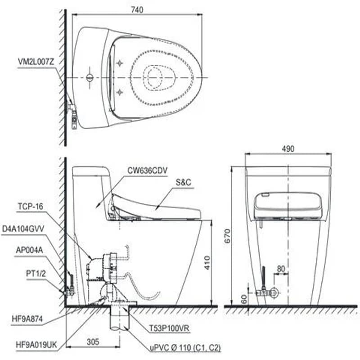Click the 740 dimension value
pyautogui.click(x=137, y=9)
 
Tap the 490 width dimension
pyautogui.click(x=288, y=149)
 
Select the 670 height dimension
pyautogui.click(x=227, y=236)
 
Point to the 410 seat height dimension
pyautogui.click(x=207, y=263)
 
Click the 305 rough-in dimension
pyautogui.click(x=93, y=342)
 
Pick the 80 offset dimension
pyautogui.click(x=281, y=269)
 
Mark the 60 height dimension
pyautogui.click(x=244, y=299)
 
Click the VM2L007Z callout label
pyautogui.click(x=36, y=62)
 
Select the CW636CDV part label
pyautogui.click(x=148, y=171)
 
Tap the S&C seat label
pyautogui.click(x=183, y=182)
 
